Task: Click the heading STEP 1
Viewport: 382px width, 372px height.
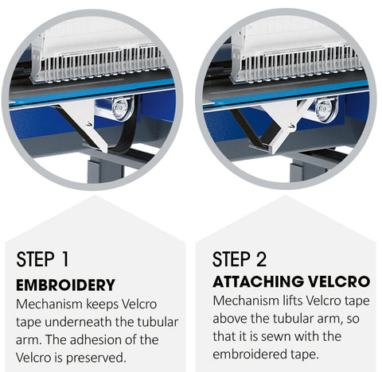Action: (42, 259)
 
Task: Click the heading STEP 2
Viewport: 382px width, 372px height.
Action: (240, 259)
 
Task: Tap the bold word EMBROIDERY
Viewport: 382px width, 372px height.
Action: (65, 285)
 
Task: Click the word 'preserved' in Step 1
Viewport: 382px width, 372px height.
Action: (95, 358)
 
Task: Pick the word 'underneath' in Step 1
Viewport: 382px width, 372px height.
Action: (78, 322)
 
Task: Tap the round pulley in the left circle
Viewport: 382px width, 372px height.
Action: (122, 108)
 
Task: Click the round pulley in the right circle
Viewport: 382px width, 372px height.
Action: (326, 109)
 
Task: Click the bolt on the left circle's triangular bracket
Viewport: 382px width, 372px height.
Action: (90, 124)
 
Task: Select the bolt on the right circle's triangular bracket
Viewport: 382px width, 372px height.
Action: (292, 126)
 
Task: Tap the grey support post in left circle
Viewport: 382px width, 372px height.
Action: (105, 169)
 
